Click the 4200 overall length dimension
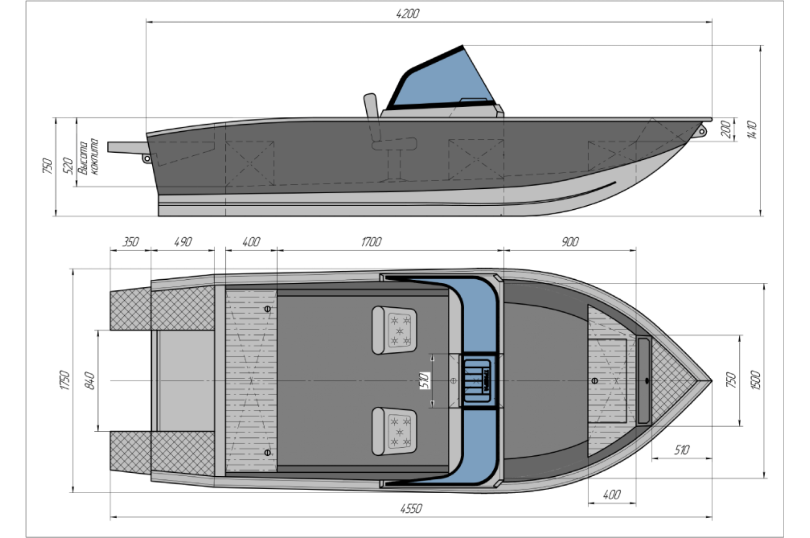[x=407, y=14]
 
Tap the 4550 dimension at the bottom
[x=411, y=508]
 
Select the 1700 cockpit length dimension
[x=371, y=242]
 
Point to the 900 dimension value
[x=570, y=242]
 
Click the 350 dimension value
[x=130, y=242]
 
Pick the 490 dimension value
[x=183, y=242]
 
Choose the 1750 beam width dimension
[x=65, y=380]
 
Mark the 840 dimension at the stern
[x=91, y=381]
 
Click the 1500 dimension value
[x=755, y=380]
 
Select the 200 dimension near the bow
[x=727, y=129]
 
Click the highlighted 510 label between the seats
[x=425, y=381]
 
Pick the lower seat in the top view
[x=394, y=432]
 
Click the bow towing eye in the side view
[x=701, y=131]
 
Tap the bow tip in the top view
[x=710, y=381]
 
